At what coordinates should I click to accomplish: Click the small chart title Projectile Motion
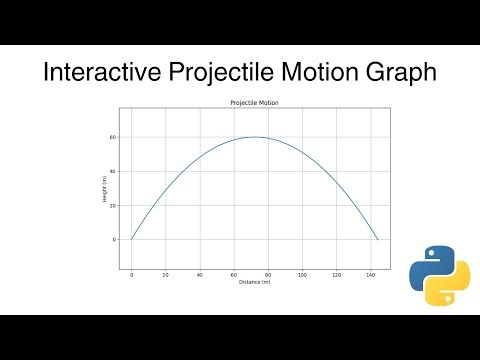point(255,103)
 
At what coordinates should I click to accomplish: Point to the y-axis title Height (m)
point(103,188)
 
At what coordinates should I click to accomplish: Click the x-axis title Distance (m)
point(255,282)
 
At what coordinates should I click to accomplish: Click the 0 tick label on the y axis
point(115,240)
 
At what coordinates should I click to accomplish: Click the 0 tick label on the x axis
point(131,274)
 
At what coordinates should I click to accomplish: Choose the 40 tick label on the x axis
point(199,274)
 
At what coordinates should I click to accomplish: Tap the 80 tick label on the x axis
point(268,274)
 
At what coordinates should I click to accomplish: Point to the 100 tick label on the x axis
point(302,274)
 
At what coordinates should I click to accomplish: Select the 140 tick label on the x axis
point(370,274)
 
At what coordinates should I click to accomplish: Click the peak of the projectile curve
point(255,137)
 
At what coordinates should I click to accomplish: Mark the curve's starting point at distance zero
point(131,240)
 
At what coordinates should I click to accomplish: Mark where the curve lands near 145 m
point(378,240)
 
